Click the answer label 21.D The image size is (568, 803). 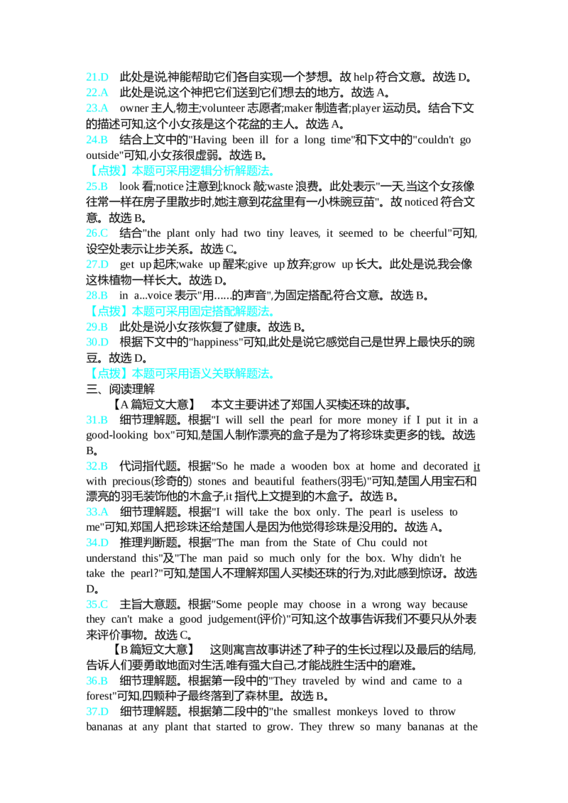pos(97,77)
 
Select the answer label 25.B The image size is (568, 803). pos(97,187)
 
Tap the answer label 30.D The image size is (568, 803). pos(97,342)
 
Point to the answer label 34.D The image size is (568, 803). pos(97,543)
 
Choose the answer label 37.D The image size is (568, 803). pos(97,711)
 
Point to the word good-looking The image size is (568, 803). pos(117,435)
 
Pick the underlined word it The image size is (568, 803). pos(476,466)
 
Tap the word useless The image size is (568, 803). pos(427,511)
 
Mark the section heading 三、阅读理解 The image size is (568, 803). pos(121,389)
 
